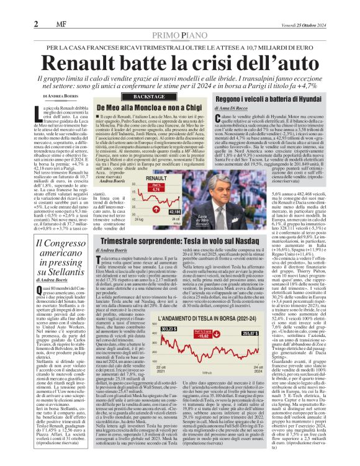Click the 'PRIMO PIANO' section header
tap(179, 35)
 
